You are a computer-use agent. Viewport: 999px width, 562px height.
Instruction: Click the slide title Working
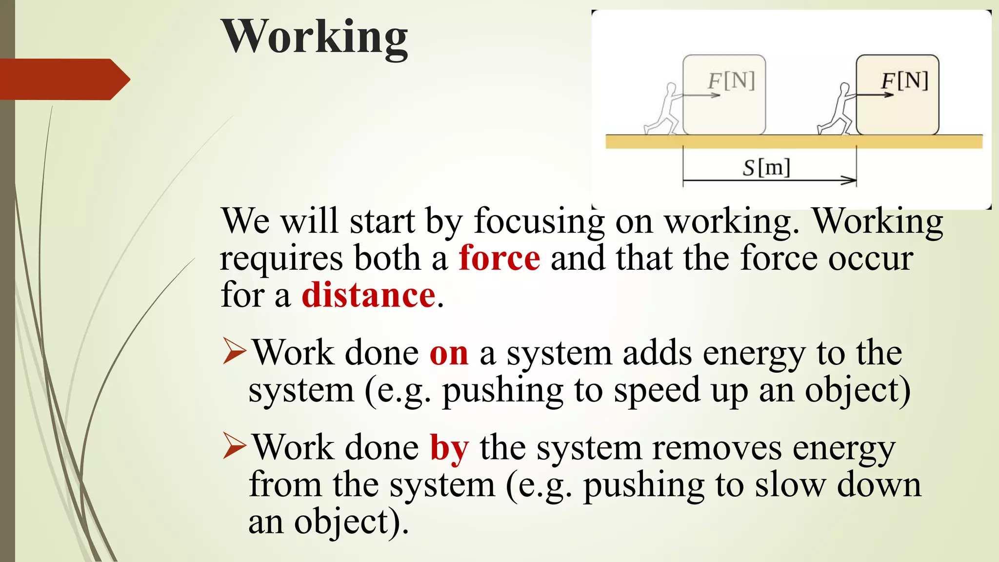coord(315,37)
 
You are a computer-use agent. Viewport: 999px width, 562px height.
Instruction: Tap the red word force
coord(499,258)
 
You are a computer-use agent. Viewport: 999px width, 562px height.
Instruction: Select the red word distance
coord(368,295)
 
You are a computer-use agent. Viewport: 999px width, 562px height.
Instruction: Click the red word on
coord(449,353)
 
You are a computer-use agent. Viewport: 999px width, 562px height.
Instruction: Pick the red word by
coord(449,448)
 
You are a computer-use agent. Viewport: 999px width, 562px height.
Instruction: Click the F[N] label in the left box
coord(731,81)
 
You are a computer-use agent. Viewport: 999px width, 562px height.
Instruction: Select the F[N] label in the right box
coord(904,81)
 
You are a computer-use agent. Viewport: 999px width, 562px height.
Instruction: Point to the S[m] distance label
coord(766,168)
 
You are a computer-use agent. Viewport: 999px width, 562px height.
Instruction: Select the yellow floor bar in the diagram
coord(793,142)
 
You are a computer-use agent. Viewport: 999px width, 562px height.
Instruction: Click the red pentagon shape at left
coord(63,79)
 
